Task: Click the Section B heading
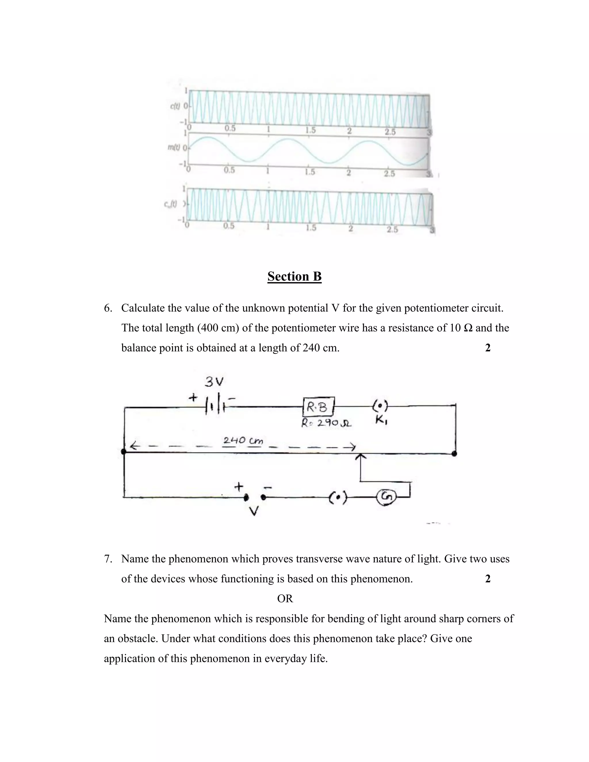[294, 276]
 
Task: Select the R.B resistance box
[319, 407]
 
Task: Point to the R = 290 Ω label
[326, 423]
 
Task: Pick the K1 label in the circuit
[381, 420]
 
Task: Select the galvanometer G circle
[386, 497]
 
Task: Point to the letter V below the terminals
[254, 512]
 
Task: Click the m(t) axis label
[173, 148]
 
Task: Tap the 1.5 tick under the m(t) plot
[309, 172]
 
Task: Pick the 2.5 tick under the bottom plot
[392, 229]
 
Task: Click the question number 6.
[108, 308]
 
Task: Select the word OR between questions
[285, 598]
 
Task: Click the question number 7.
[108, 559]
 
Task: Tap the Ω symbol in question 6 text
[468, 328]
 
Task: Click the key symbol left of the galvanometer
[338, 497]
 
